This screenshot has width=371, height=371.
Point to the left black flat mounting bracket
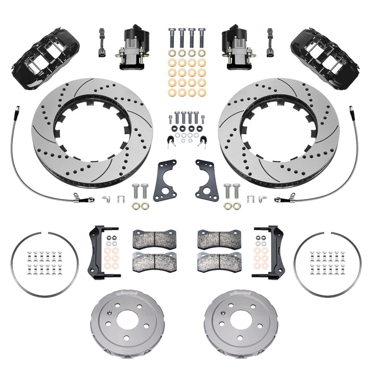tap(165, 180)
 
